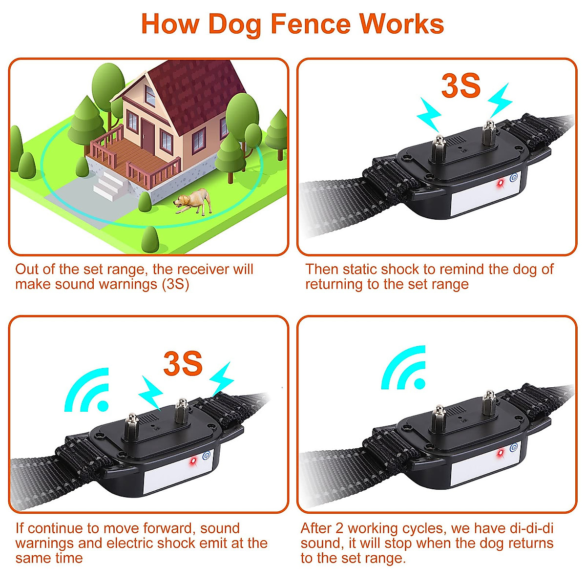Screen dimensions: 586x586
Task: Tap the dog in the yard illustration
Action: coord(195,201)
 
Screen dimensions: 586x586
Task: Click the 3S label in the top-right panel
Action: coord(460,86)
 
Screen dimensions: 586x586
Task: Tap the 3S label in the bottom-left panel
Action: coord(183,364)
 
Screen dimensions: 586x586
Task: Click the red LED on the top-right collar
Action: coord(500,183)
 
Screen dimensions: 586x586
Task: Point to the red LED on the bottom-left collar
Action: coord(193,460)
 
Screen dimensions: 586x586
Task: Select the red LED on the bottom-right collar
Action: coord(500,454)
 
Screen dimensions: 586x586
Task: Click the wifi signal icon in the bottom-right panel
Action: coord(404,369)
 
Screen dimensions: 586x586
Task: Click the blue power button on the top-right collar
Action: coord(513,178)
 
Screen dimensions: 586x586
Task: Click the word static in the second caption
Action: coord(360,269)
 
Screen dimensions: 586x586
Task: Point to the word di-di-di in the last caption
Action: coord(530,528)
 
